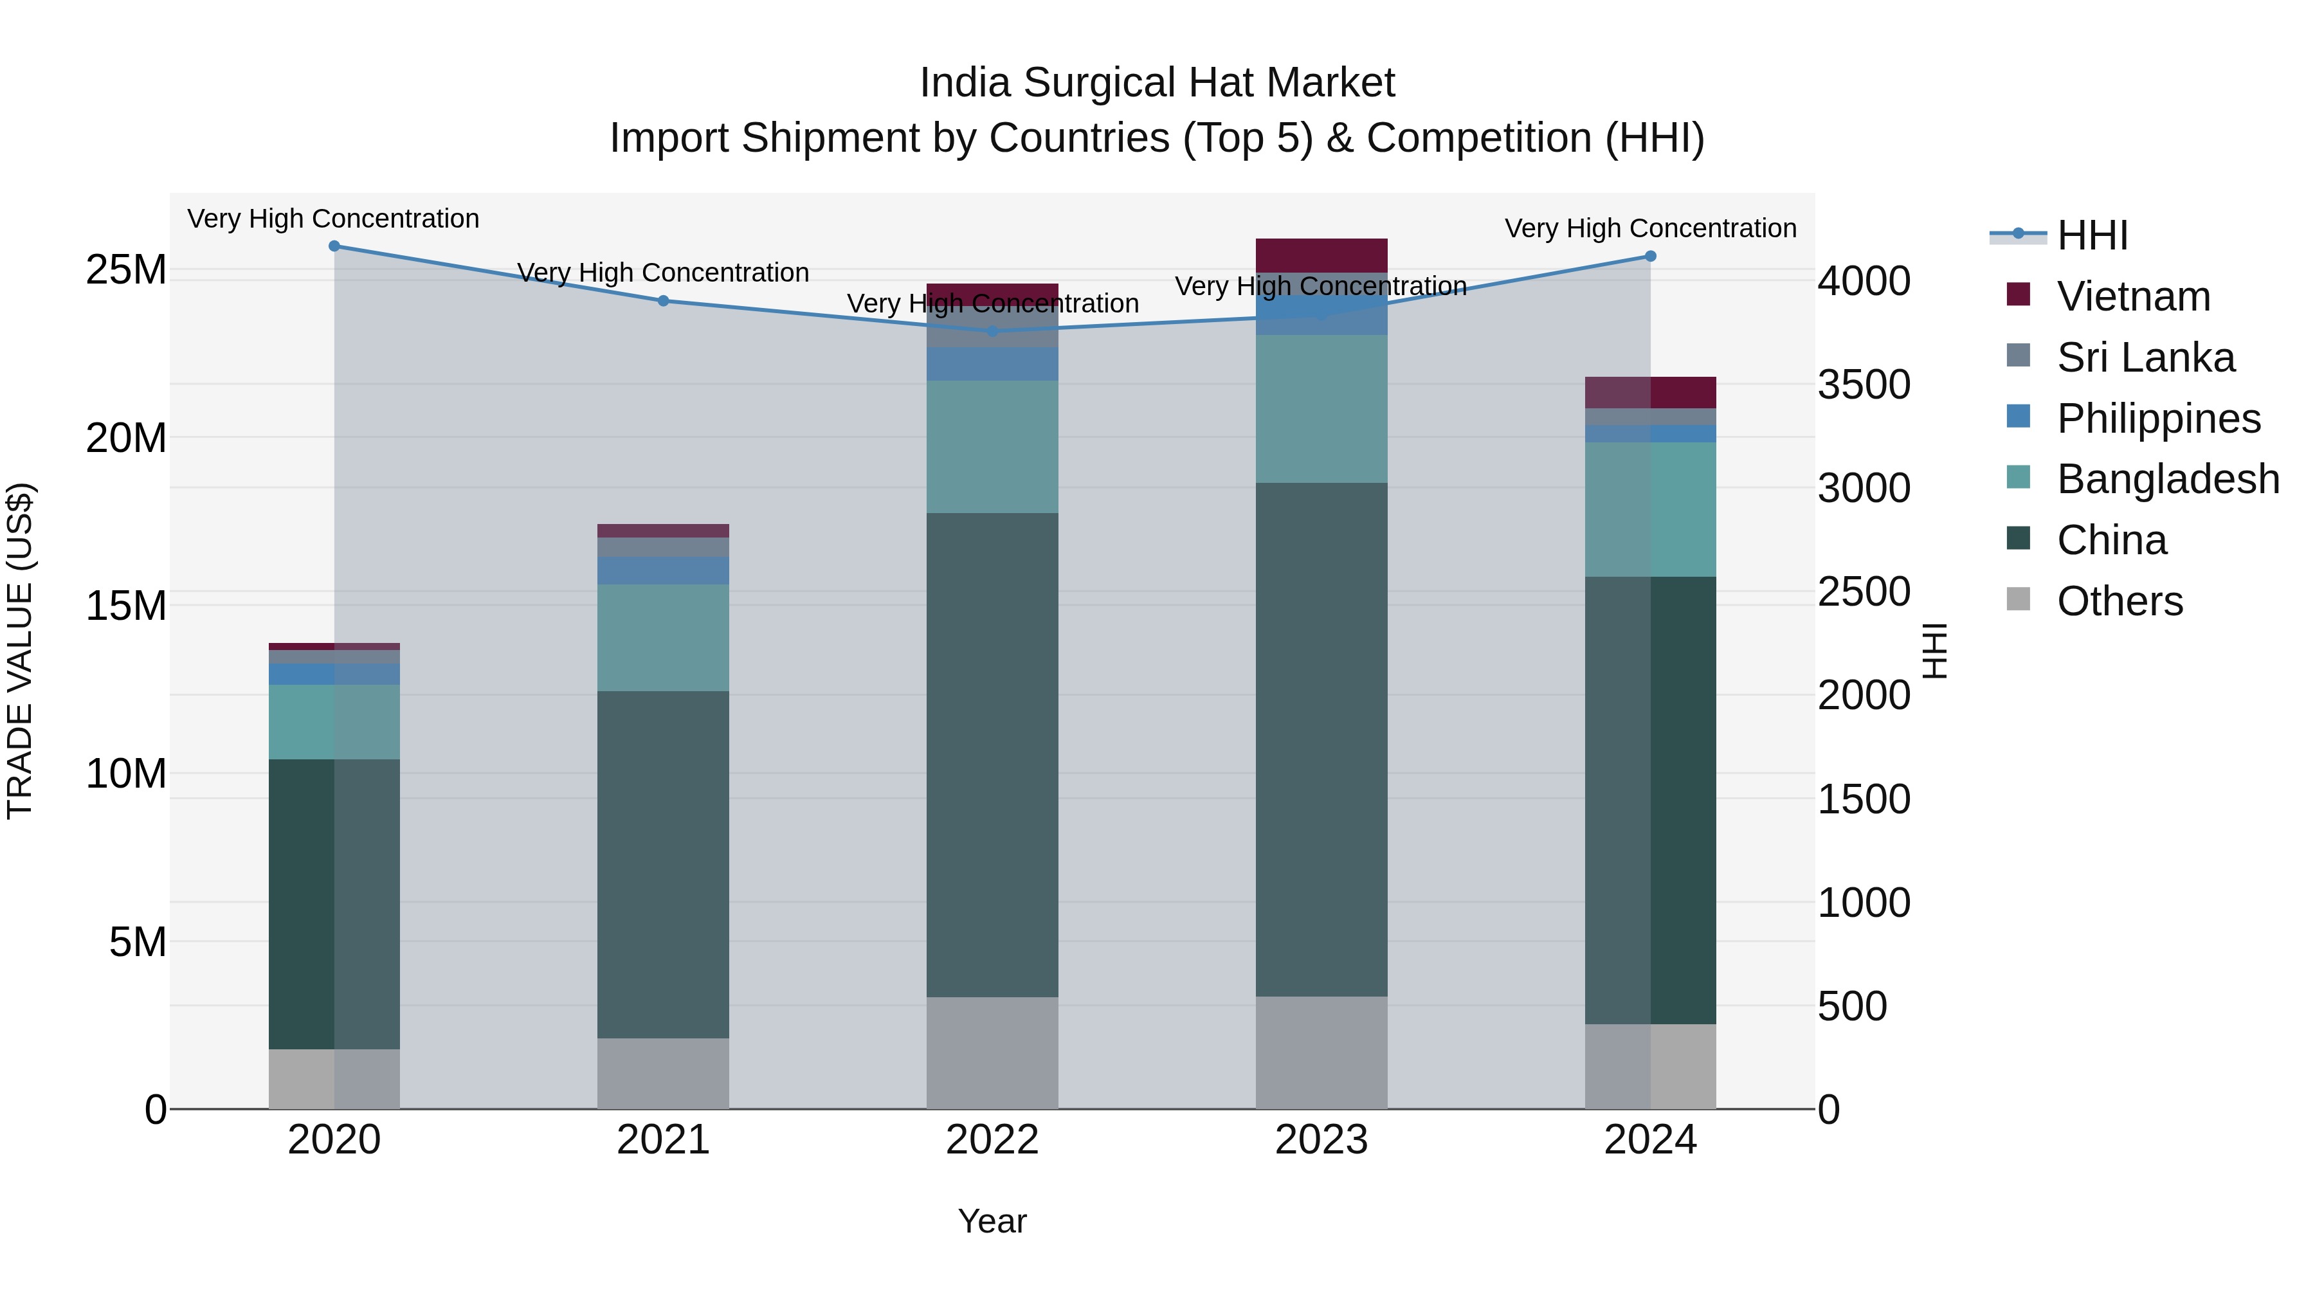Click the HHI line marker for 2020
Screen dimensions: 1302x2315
334,246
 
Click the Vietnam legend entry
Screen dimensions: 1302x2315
2132,296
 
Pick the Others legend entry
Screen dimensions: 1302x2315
2119,601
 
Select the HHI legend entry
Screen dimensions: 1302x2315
2091,235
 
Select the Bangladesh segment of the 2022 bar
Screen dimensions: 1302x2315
992,448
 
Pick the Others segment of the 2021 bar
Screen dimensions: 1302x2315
663,1074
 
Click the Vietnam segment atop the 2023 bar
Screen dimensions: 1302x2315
1321,255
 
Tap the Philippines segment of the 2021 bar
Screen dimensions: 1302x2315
663,570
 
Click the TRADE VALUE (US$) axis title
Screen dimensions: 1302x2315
20,651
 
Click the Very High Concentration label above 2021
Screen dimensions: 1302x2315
663,272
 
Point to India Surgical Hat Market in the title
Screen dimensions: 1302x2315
1157,83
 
